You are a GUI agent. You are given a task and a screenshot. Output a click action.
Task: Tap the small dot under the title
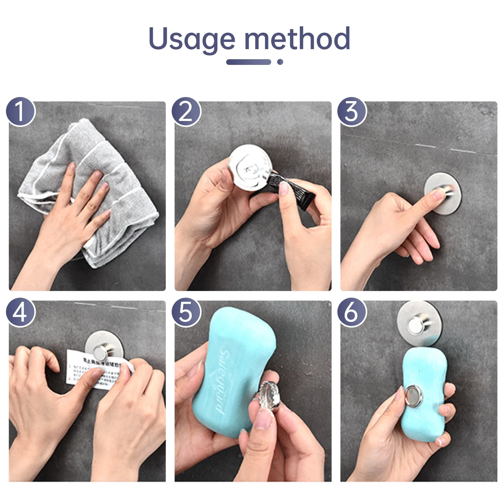(x=280, y=62)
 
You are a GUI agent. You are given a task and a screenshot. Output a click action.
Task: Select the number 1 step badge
(x=20, y=112)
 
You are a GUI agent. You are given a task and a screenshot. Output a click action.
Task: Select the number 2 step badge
(x=186, y=112)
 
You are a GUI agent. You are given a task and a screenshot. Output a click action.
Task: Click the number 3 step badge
(x=352, y=112)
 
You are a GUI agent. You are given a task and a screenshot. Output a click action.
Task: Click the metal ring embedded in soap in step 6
(x=413, y=395)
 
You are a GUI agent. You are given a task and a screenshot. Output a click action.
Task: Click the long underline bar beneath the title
(x=249, y=62)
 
